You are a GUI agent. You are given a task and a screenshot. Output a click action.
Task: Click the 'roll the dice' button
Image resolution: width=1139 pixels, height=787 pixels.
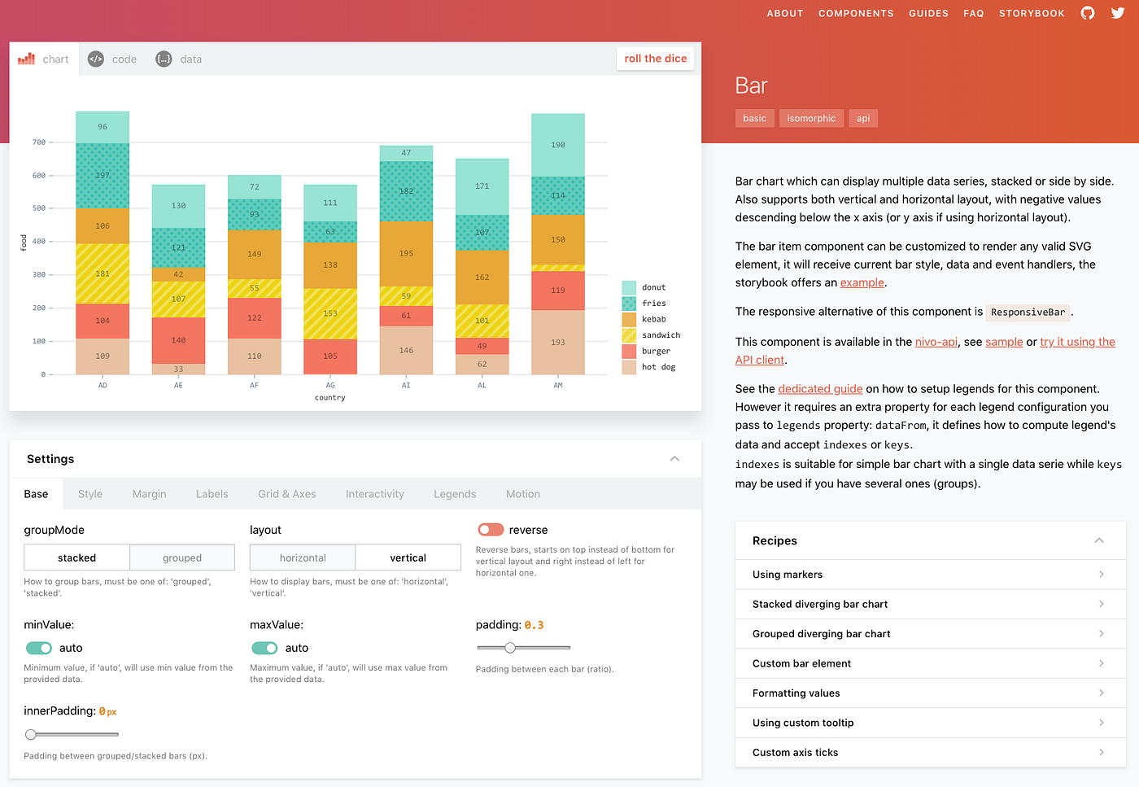(655, 59)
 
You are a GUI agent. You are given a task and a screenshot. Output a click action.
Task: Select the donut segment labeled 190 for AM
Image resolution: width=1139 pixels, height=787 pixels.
(558, 145)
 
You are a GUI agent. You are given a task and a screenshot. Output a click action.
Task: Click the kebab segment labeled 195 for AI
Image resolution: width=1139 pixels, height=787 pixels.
(406, 253)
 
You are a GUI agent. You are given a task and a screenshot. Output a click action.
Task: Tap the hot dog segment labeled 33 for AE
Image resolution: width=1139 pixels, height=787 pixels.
(178, 369)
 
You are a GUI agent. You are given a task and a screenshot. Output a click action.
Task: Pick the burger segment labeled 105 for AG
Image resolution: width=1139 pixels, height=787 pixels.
(330, 356)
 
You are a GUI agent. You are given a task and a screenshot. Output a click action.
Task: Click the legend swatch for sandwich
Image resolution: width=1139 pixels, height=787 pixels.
(629, 335)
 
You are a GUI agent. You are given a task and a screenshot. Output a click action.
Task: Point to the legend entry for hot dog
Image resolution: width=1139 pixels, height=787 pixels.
(658, 367)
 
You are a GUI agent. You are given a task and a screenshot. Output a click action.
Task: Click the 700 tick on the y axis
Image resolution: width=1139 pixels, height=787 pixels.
(39, 142)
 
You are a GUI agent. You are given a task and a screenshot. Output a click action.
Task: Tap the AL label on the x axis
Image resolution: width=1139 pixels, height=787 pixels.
(482, 386)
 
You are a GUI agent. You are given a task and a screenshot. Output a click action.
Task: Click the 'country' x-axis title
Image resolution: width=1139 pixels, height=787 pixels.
(330, 398)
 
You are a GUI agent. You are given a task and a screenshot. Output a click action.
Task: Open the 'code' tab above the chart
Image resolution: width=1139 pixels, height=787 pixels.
(113, 59)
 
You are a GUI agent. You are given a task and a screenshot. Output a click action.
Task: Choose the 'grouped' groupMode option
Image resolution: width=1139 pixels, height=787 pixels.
(182, 557)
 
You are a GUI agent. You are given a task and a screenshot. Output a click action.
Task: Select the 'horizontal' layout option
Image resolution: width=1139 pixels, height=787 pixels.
(303, 557)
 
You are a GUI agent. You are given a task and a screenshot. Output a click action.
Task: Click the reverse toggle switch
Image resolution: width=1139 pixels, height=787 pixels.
(491, 530)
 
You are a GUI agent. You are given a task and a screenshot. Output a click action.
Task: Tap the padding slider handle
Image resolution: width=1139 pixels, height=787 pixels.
(510, 648)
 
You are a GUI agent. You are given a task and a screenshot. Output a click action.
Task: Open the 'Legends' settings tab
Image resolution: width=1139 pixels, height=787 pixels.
(455, 494)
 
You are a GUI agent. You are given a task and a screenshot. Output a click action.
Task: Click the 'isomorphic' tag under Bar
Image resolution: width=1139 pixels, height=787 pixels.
(811, 119)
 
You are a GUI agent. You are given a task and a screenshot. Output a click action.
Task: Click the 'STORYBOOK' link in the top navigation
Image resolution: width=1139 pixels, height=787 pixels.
(1032, 14)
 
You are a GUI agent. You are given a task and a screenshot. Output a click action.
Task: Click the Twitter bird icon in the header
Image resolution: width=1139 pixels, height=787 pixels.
(1118, 13)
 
